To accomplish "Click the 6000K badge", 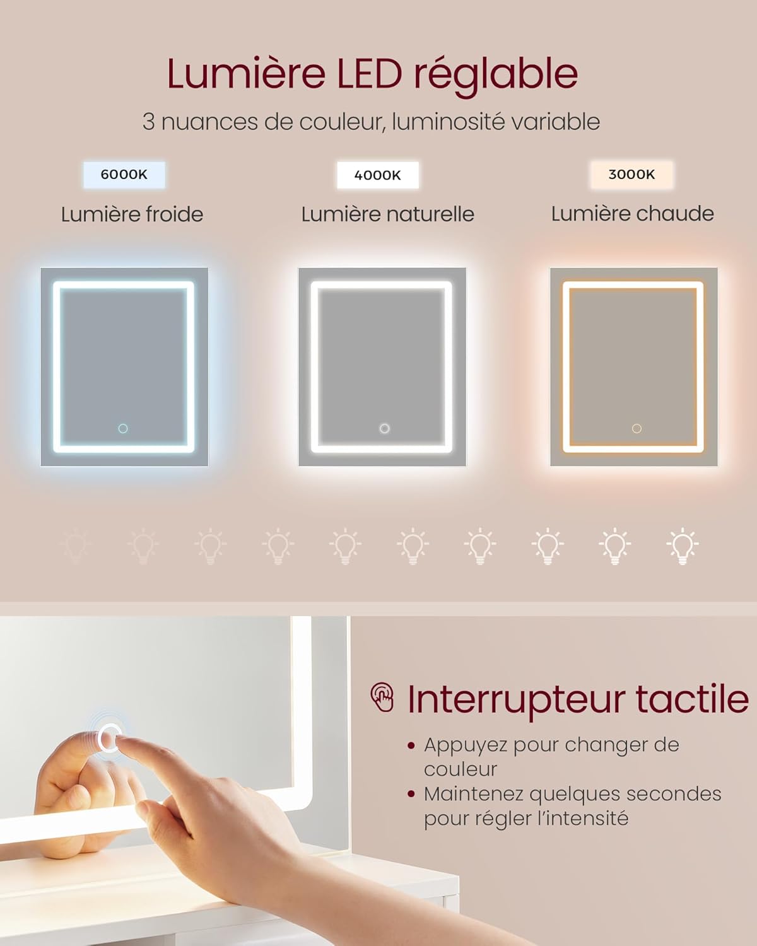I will [124, 175].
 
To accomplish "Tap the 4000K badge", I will [377, 175].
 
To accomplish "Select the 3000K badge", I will [631, 175].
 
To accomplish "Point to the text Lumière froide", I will [132, 214].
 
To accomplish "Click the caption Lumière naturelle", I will [387, 214].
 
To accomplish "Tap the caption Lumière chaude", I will [632, 214].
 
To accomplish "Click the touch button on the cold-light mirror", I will [123, 429].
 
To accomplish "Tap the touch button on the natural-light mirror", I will [384, 429].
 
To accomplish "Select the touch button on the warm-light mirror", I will [637, 429].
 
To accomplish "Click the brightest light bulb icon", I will [682, 546].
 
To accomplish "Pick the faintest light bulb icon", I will [76, 546].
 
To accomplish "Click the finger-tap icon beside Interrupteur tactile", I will [382, 698].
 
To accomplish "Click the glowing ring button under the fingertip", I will [109, 738].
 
